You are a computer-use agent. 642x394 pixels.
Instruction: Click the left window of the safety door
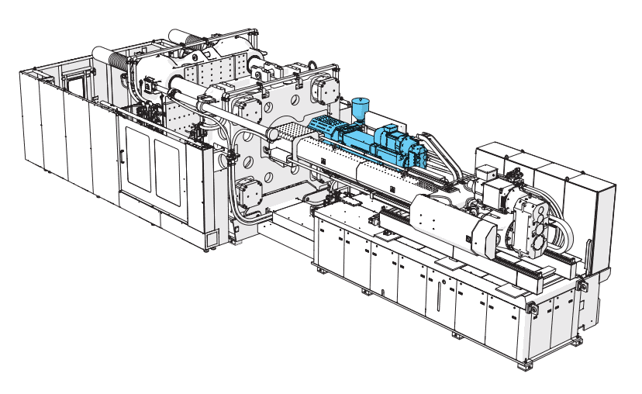pyautogui.click(x=138, y=157)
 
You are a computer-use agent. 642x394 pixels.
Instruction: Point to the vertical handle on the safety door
pyautogui.click(x=121, y=155)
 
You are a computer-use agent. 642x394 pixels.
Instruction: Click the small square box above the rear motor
pyautogui.click(x=486, y=174)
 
